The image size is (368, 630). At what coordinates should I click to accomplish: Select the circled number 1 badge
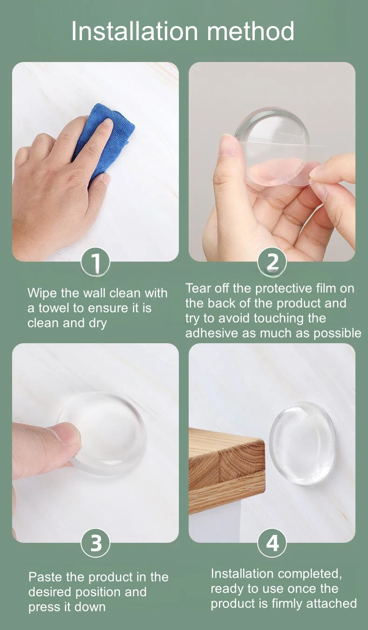click(x=95, y=263)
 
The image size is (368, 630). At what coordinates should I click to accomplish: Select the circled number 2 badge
click(x=272, y=263)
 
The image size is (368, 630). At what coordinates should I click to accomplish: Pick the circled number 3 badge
click(x=95, y=543)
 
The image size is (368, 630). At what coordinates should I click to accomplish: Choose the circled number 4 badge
click(x=272, y=543)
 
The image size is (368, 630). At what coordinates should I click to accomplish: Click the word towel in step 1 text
click(x=54, y=308)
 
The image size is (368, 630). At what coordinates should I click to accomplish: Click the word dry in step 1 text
click(x=98, y=324)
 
